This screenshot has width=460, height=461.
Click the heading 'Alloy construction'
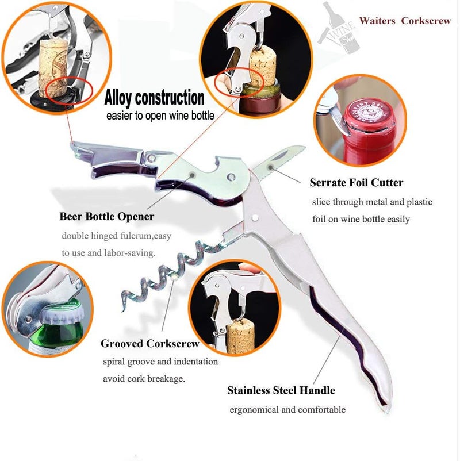tap(154, 97)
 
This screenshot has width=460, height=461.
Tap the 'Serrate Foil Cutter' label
tap(356, 183)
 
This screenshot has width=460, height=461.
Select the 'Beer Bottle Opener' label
tap(106, 217)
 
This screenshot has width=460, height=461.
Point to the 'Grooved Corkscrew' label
tap(150, 344)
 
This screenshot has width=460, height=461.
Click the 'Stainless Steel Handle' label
tap(281, 391)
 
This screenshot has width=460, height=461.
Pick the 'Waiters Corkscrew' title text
tap(405, 21)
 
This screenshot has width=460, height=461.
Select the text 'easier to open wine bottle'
tap(160, 116)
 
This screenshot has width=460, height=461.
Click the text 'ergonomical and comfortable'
tap(287, 410)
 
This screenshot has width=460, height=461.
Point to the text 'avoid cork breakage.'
tap(144, 379)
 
